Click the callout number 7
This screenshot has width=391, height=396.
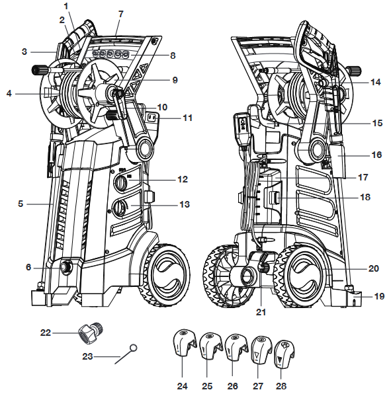point(120,14)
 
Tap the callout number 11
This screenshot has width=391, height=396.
point(187,118)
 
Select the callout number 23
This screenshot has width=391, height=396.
point(88,356)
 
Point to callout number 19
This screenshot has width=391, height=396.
point(379,296)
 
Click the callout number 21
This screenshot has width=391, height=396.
point(261,312)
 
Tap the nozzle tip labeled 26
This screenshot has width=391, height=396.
point(236,348)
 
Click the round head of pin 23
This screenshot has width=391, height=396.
point(134,348)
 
